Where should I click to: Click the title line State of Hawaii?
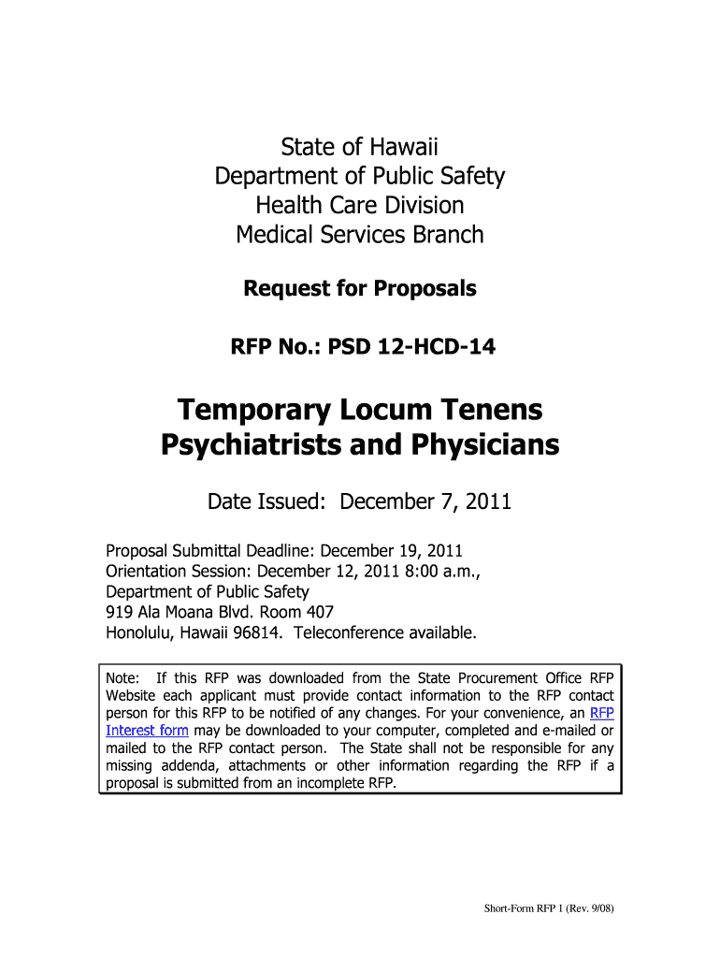(359, 147)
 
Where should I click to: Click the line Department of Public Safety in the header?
(359, 176)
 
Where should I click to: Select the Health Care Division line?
(359, 205)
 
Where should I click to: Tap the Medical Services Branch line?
(359, 234)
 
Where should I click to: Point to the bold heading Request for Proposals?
(359, 289)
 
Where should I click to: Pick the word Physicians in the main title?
(487, 445)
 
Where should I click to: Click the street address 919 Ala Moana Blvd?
(177, 612)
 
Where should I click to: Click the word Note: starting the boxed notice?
(122, 678)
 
